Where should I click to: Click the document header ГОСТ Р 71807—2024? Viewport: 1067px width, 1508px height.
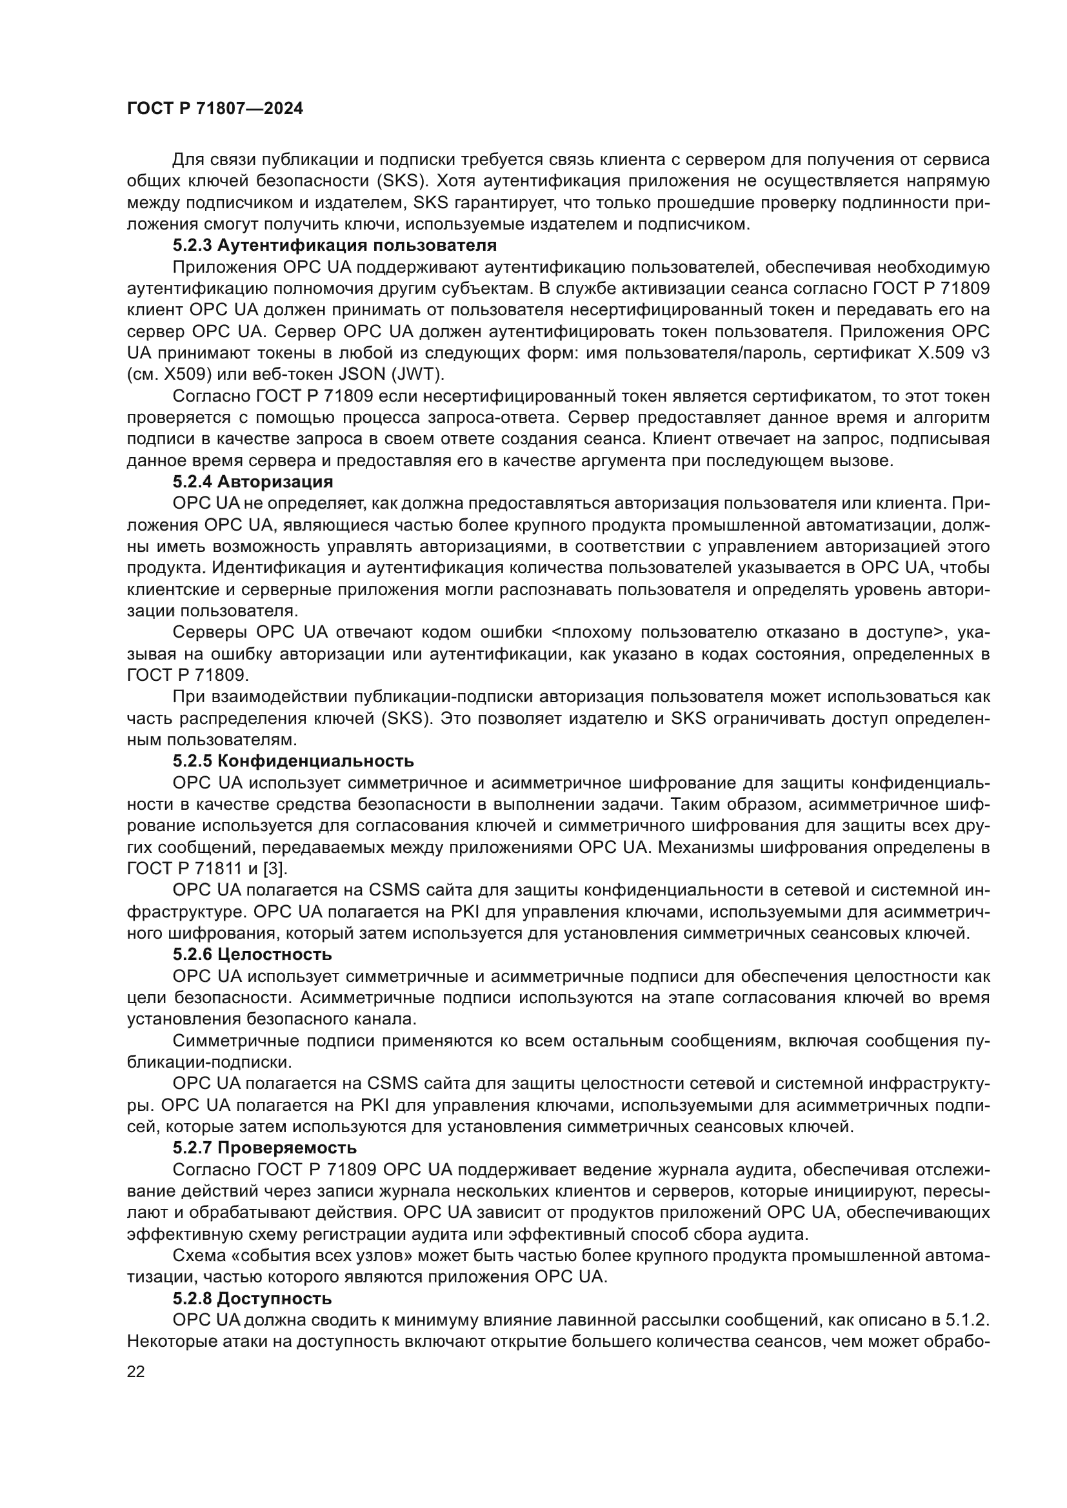(215, 109)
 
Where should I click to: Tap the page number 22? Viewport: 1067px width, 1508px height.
(136, 1371)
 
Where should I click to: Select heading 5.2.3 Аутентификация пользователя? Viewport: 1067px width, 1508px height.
(334, 246)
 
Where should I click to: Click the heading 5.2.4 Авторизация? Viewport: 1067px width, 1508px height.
(253, 482)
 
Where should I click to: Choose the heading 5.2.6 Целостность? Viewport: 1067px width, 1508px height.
(252, 954)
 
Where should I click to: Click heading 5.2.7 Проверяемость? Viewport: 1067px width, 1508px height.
(264, 1148)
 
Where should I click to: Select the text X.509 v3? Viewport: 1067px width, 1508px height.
(953, 353)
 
